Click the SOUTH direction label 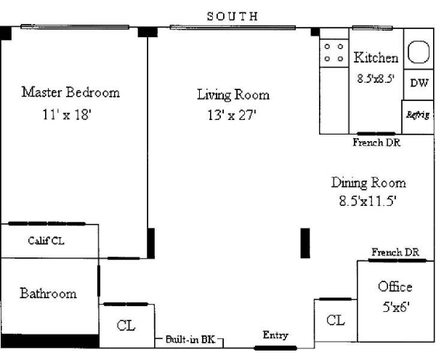[x=233, y=15]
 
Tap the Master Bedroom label [x=70, y=92]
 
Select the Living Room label [x=233, y=95]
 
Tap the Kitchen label [x=376, y=57]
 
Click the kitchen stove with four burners [x=334, y=54]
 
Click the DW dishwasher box [x=419, y=83]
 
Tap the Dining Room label [x=368, y=183]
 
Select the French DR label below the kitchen [x=376, y=143]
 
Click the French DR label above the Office [x=395, y=252]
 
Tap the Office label [x=395, y=287]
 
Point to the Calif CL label [x=46, y=241]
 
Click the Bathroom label [x=48, y=294]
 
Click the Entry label [x=275, y=335]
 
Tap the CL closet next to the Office [x=335, y=320]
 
